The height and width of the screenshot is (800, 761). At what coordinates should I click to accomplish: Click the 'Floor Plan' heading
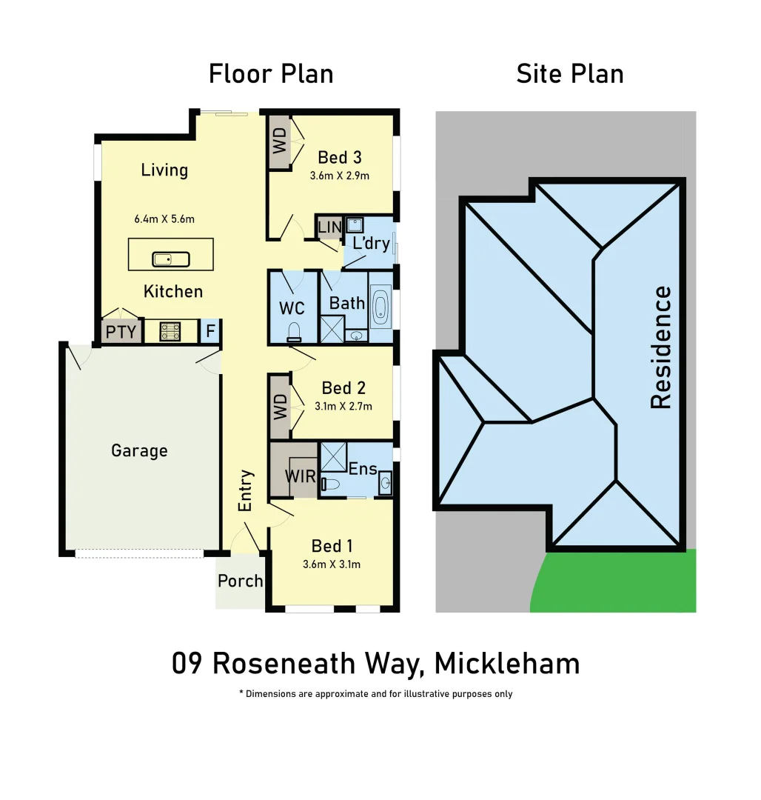tap(271, 74)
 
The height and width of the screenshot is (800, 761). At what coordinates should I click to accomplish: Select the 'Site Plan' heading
tap(570, 74)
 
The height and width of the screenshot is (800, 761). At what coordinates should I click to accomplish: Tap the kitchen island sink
tap(171, 259)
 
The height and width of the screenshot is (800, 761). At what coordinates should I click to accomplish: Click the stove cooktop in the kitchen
tap(170, 330)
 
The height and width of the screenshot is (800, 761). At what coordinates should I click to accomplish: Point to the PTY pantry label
tap(121, 331)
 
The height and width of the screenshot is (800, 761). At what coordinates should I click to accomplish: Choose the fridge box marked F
tap(210, 331)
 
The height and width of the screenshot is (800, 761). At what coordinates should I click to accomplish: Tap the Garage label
tap(139, 450)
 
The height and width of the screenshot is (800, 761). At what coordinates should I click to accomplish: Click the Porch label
tap(240, 581)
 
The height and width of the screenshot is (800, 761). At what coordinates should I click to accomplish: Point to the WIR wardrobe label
tap(301, 475)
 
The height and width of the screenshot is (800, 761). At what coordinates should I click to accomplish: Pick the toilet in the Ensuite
tap(330, 484)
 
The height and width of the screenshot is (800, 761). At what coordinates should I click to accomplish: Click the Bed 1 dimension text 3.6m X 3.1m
tap(332, 564)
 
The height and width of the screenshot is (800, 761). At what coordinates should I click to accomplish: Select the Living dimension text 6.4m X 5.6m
tap(164, 219)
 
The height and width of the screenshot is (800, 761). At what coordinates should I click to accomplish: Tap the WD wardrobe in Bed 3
tap(280, 141)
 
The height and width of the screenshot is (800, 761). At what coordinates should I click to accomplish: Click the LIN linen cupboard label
tap(329, 226)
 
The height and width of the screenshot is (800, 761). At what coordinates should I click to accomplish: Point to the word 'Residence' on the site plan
tap(660, 347)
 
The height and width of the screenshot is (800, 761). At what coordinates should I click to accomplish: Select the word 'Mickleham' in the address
tap(507, 663)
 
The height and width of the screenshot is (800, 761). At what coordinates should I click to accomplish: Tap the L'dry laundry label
tap(370, 243)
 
